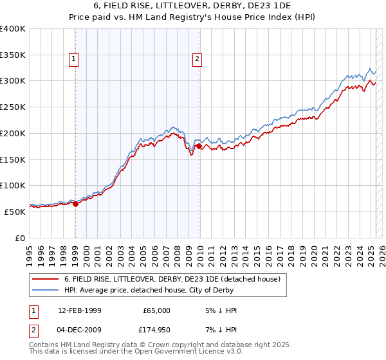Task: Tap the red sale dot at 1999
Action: point(75,204)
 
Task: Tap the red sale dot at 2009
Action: point(199,147)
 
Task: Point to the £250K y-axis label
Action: point(13,107)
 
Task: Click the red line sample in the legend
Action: point(46,280)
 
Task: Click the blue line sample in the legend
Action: point(46,291)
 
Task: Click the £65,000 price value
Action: point(157,310)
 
